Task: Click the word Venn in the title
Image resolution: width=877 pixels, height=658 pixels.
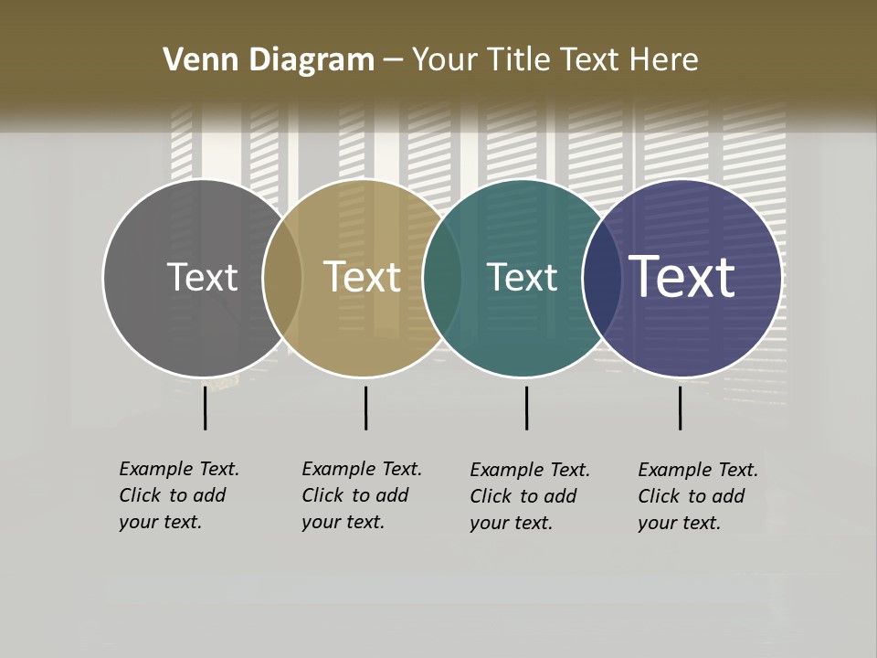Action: point(191,60)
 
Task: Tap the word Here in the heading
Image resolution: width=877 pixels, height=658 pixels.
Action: point(663,60)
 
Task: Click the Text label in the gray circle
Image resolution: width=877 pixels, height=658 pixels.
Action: point(203,278)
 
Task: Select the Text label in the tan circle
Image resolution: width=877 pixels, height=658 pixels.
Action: point(363,278)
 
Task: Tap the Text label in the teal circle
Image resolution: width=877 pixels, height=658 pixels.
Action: point(523,278)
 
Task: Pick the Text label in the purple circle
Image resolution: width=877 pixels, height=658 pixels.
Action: point(682,278)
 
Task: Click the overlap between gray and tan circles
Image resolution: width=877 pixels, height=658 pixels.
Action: point(282,278)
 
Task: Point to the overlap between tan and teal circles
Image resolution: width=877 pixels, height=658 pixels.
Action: point(442,278)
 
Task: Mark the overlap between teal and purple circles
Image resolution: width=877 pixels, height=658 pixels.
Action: point(602,278)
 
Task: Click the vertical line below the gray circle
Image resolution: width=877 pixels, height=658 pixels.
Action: point(206,408)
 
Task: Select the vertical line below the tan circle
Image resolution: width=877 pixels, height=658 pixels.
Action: point(365,408)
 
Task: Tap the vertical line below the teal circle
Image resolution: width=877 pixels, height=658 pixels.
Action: point(526,408)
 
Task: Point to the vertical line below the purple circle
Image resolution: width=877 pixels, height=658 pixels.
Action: point(680,408)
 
